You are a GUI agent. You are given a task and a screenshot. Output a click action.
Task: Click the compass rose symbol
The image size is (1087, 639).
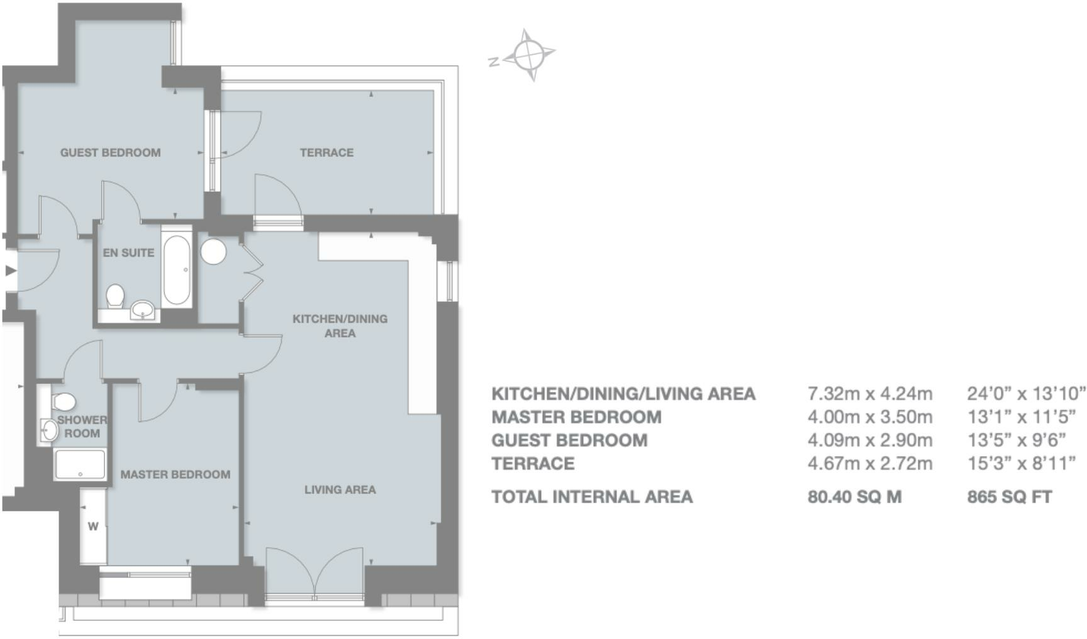[x=530, y=55]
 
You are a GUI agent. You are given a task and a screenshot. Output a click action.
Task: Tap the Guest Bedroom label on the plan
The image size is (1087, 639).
[x=111, y=153]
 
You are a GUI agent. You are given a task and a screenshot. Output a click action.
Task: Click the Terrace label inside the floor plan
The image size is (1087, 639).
[x=326, y=153]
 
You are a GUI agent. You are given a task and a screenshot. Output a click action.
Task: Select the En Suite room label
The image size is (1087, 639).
[x=128, y=253]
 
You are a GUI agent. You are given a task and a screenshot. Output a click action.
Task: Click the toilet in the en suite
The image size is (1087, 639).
[x=115, y=296]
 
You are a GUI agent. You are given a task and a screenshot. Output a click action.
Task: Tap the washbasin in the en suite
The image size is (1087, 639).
[x=143, y=309]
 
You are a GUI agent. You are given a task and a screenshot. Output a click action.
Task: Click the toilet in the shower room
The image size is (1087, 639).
[x=64, y=401]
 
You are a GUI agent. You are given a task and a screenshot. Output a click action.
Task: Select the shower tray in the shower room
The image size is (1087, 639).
[x=80, y=464]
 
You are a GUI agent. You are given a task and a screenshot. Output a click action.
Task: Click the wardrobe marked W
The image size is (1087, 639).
[x=93, y=526]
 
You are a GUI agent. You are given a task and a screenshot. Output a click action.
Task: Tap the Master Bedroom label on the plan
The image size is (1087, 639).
[x=176, y=475]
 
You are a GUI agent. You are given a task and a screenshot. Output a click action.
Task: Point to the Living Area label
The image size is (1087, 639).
[x=340, y=490]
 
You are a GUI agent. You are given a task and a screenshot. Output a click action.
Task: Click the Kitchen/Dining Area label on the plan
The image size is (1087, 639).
[x=340, y=326]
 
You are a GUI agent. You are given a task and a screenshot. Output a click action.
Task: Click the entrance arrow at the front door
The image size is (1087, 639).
[x=11, y=271]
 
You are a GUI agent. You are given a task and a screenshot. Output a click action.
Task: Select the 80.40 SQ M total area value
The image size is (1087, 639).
[x=854, y=497]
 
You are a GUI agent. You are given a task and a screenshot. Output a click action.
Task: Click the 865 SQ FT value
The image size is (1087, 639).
[x=1009, y=497]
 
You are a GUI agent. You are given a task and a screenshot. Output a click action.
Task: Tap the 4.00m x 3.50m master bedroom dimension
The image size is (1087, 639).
[x=870, y=417]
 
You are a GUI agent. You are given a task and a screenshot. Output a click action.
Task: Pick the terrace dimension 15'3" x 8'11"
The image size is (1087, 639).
[x=1022, y=464]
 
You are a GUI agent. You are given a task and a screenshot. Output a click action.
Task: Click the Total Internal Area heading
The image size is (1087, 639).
[x=592, y=497]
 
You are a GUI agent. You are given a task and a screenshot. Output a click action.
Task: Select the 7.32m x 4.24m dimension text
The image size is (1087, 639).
[x=870, y=394]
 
